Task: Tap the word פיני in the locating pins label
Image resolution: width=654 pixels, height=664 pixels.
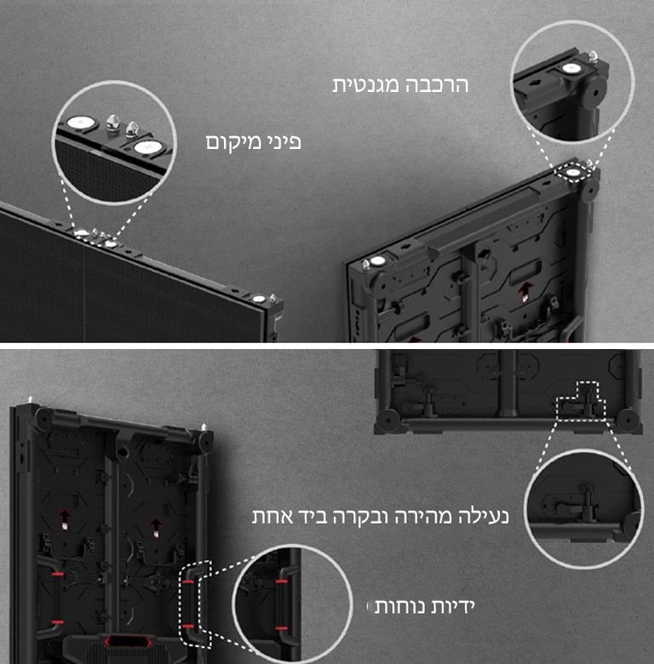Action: point(282,141)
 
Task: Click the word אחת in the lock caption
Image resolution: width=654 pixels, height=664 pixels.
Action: point(271,516)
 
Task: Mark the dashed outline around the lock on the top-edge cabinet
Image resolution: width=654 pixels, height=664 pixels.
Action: point(579,400)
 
